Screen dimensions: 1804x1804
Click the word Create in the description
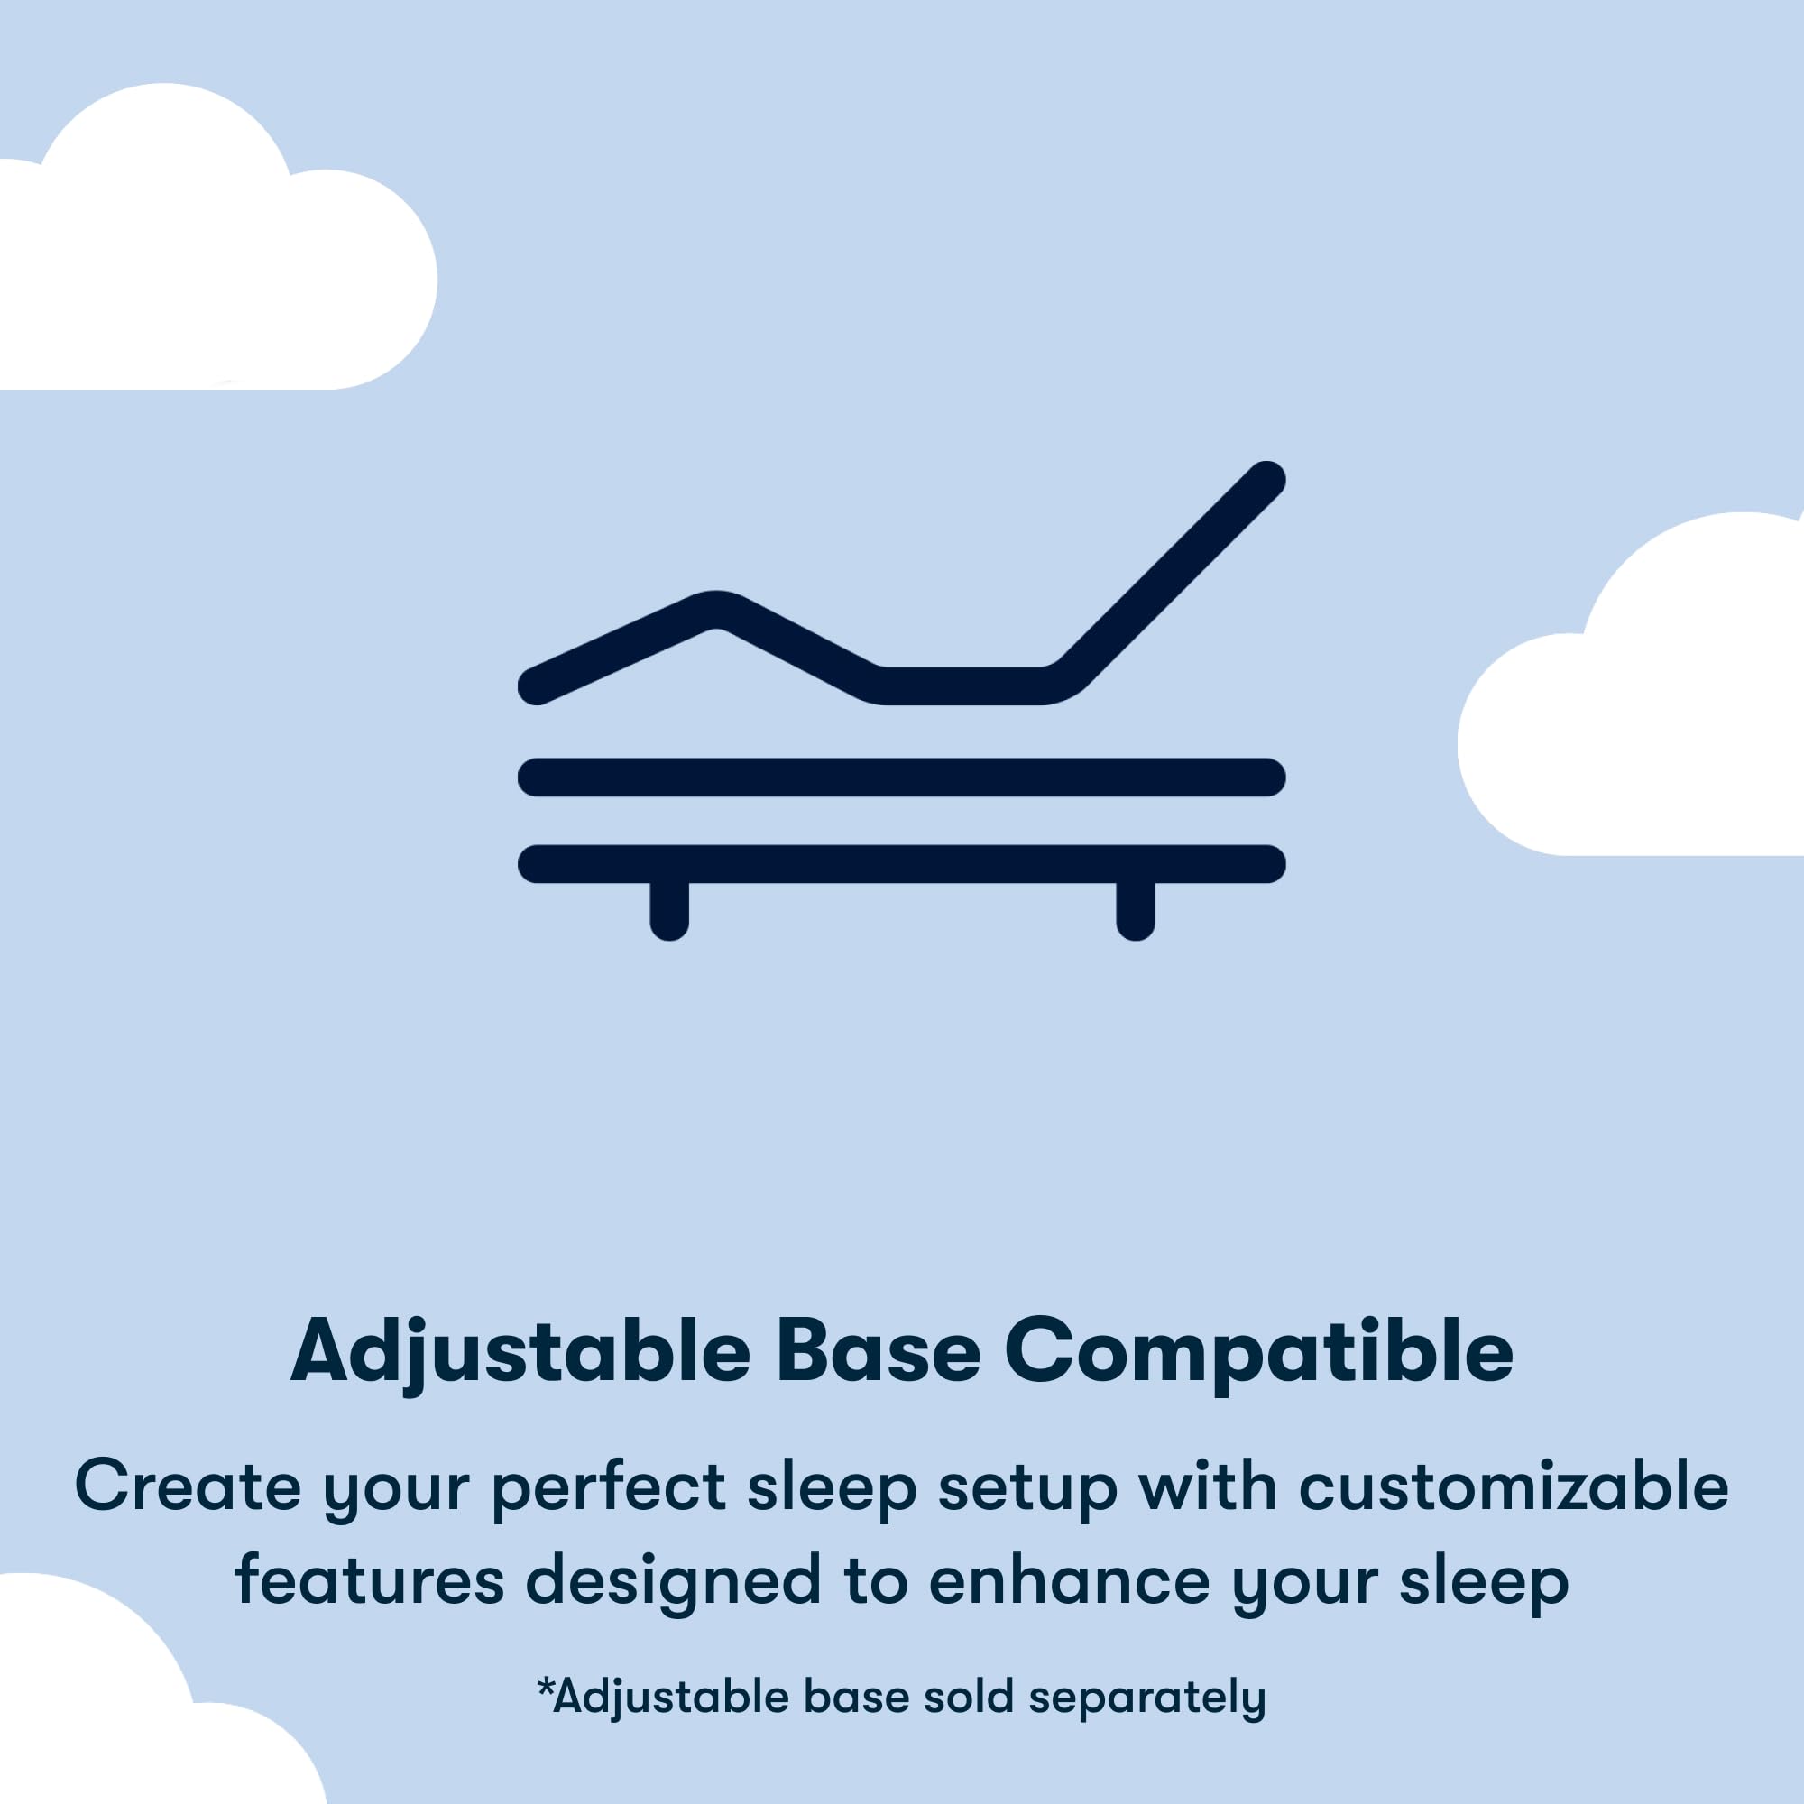(x=187, y=1486)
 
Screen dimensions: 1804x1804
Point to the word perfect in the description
(x=609, y=1486)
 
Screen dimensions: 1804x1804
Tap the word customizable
(x=1513, y=1486)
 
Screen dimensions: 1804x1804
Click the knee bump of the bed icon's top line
(x=715, y=610)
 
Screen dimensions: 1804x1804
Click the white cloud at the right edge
(x=1643, y=710)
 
